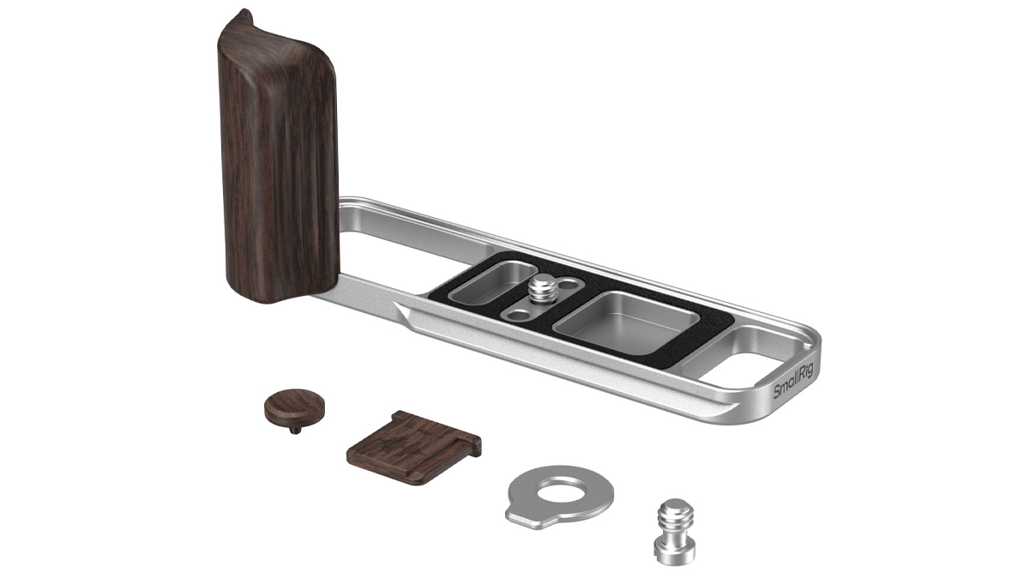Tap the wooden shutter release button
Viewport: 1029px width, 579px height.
click(x=286, y=405)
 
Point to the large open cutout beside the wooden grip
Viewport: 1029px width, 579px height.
click(x=386, y=257)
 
